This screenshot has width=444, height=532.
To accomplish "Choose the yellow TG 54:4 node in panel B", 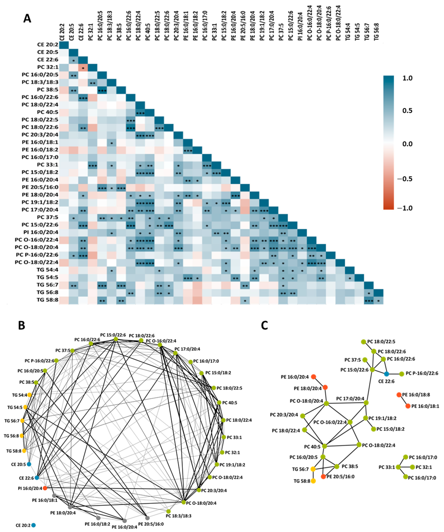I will click(29, 395).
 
